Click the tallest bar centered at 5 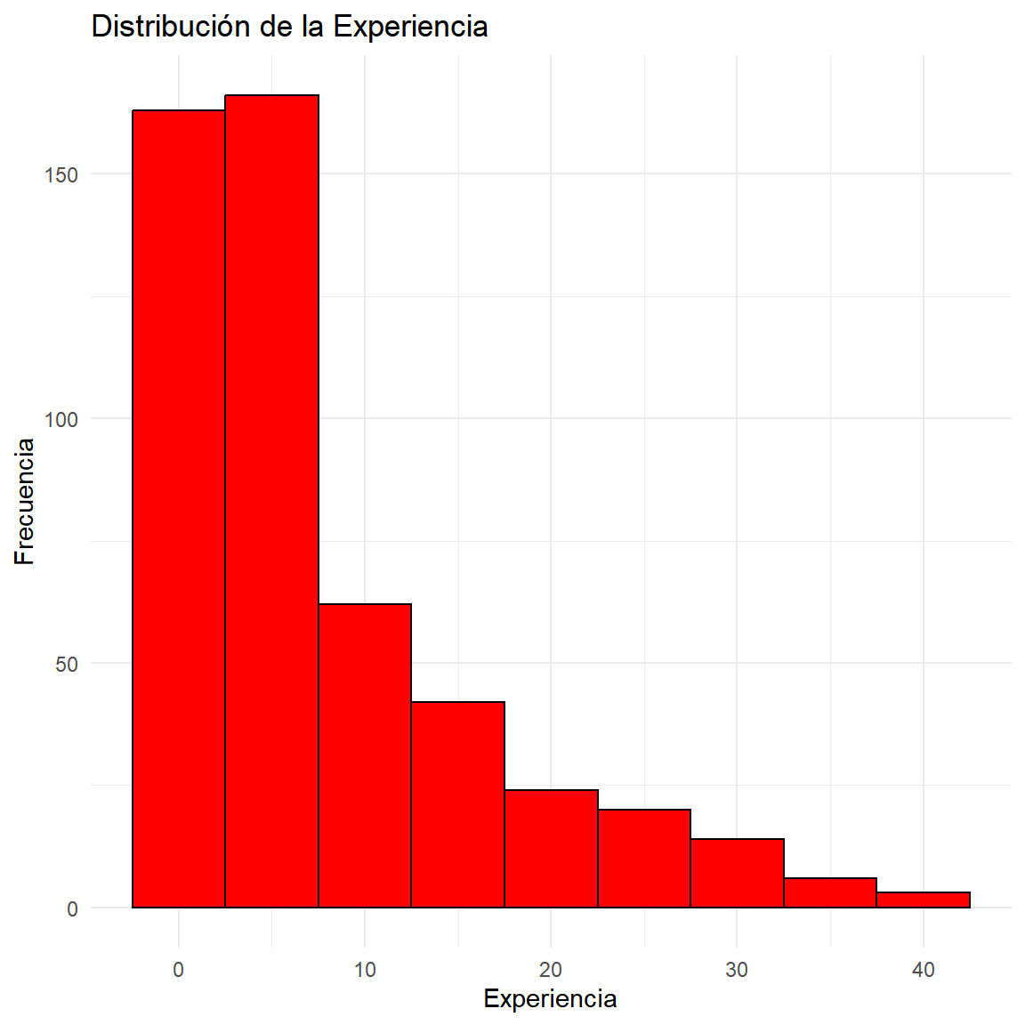point(272,502)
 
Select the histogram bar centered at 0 point(179,509)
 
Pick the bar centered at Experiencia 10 point(365,755)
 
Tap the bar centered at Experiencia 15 point(458,804)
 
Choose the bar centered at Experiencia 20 point(551,849)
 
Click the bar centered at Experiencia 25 point(644,859)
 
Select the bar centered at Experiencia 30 point(738,874)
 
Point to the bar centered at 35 point(830,893)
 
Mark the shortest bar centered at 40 point(924,900)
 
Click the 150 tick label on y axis point(61,174)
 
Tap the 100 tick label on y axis point(61,419)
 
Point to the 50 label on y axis point(67,664)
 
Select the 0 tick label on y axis point(73,908)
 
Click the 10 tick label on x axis point(365,970)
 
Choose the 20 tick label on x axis point(551,970)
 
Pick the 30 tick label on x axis point(737,970)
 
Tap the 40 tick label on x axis point(923,970)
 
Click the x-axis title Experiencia point(551,999)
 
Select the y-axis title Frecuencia point(24,502)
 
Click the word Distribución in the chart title point(170,27)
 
